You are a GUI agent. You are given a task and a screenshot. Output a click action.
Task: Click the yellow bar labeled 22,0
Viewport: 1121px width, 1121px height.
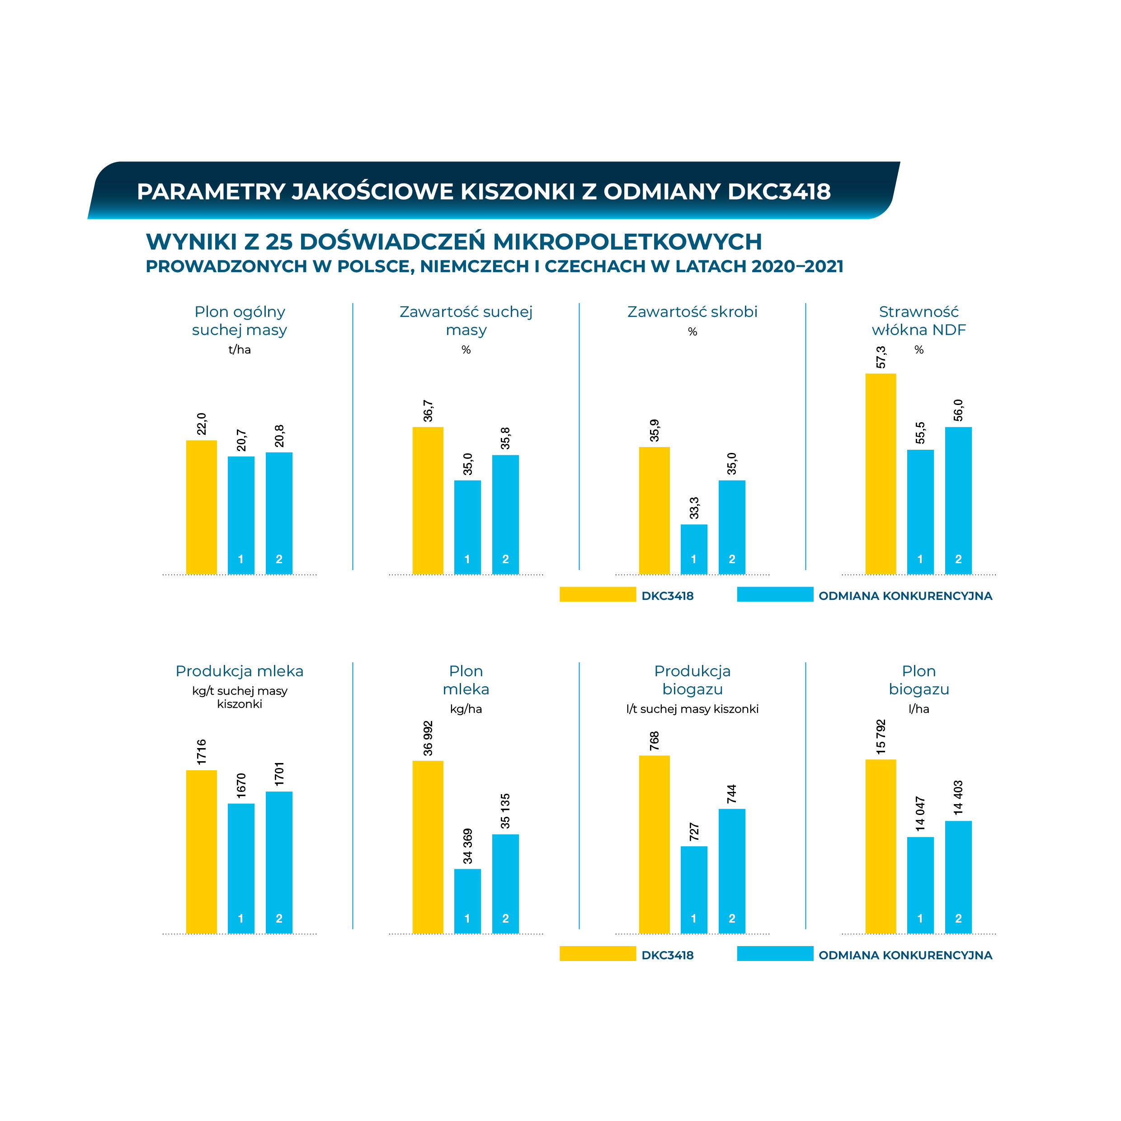click(201, 507)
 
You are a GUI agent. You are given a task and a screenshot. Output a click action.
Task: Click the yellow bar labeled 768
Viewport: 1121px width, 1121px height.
click(654, 844)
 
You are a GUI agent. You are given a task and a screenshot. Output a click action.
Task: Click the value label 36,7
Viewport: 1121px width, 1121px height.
click(428, 411)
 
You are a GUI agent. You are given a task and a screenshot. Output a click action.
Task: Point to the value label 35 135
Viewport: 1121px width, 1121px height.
click(505, 811)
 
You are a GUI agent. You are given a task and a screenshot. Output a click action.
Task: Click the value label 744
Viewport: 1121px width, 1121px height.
click(732, 794)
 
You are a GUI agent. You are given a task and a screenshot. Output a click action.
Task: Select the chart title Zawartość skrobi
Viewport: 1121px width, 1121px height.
click(692, 312)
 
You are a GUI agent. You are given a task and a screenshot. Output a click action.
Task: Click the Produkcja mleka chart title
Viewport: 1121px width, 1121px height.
click(239, 671)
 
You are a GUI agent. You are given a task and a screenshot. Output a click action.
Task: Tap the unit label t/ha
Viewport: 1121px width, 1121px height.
click(239, 349)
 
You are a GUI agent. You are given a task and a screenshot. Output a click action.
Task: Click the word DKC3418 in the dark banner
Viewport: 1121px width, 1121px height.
click(779, 192)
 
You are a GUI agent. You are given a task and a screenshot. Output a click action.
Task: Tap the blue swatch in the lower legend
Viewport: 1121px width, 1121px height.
click(775, 954)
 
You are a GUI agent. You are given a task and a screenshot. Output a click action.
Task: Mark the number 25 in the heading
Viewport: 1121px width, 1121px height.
click(278, 242)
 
